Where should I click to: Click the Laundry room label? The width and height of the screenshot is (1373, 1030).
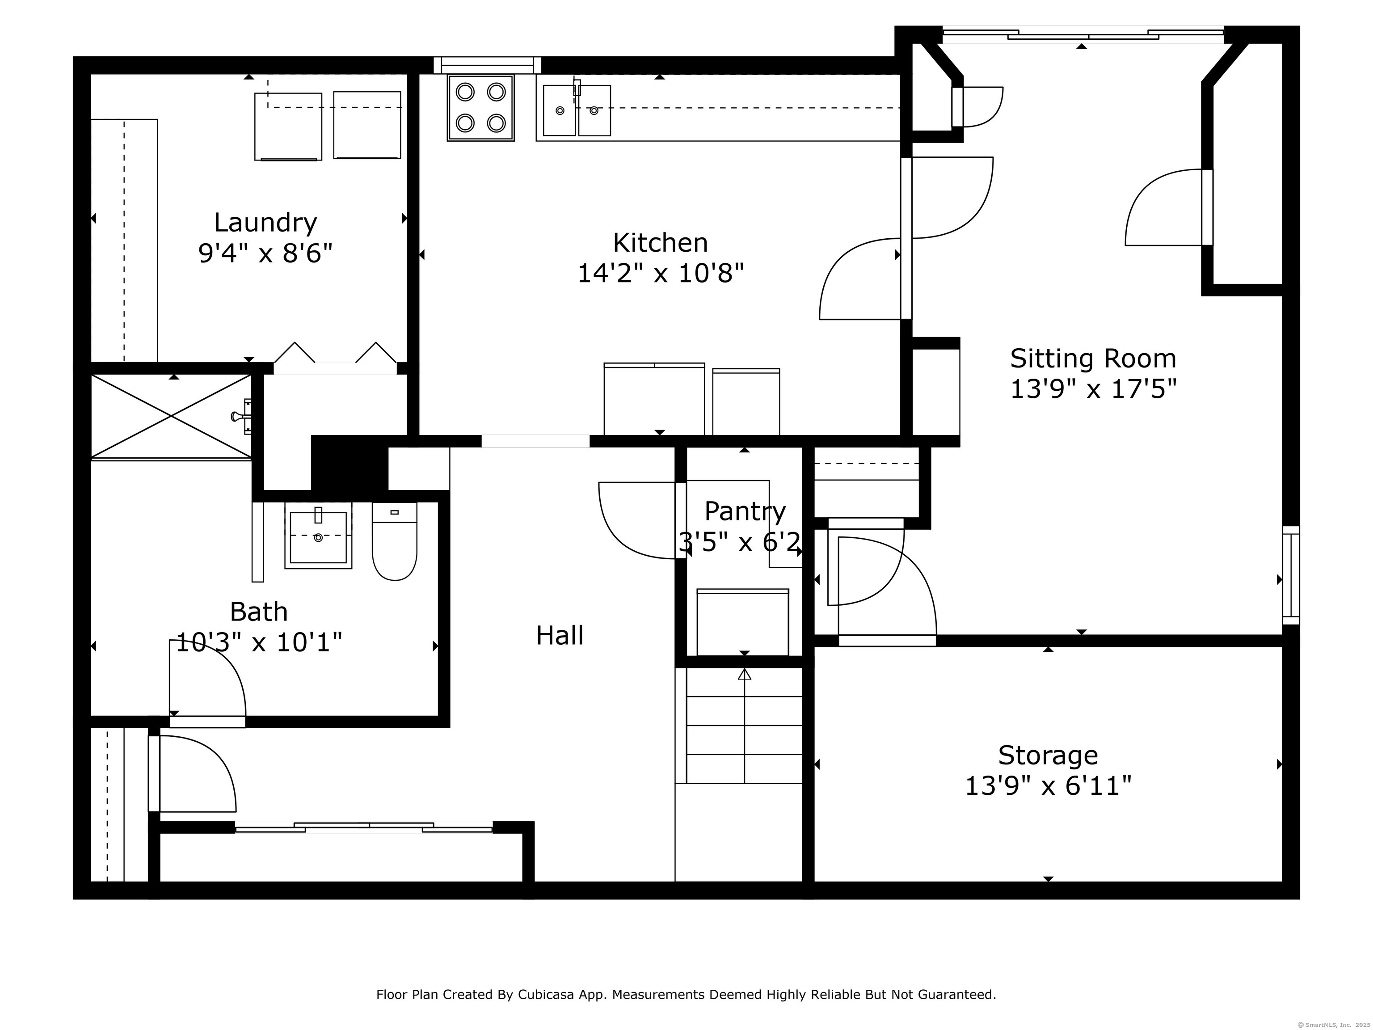[265, 222]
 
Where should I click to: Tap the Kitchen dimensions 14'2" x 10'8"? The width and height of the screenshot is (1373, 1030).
[661, 273]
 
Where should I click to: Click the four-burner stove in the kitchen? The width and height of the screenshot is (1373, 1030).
[480, 108]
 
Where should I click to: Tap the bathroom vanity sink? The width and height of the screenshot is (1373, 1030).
[318, 535]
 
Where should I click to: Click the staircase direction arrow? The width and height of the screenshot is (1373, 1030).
[744, 674]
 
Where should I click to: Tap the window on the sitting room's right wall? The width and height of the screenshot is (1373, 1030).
[1290, 575]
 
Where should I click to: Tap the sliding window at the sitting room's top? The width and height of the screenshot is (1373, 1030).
[1082, 35]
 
